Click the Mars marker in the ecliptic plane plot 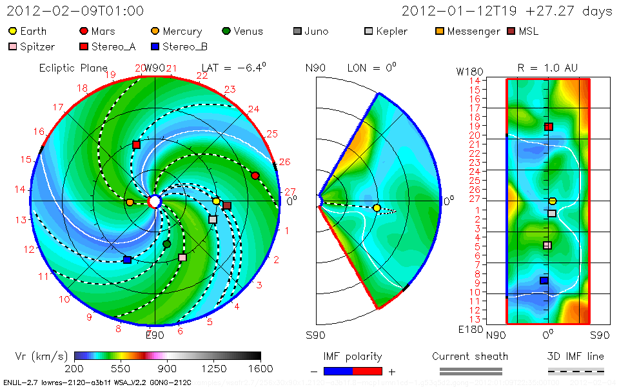[x=255, y=175]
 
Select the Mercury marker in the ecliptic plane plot [x=130, y=203]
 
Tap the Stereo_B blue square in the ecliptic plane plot [x=127, y=260]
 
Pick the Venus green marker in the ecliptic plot [x=167, y=244]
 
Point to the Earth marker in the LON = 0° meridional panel [x=377, y=208]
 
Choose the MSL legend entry [x=522, y=31]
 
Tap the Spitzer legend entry [x=32, y=46]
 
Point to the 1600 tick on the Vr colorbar [x=260, y=369]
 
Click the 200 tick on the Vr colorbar [x=75, y=369]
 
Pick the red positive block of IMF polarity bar [x=368, y=371]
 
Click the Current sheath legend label [x=470, y=356]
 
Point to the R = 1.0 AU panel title [x=547, y=67]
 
